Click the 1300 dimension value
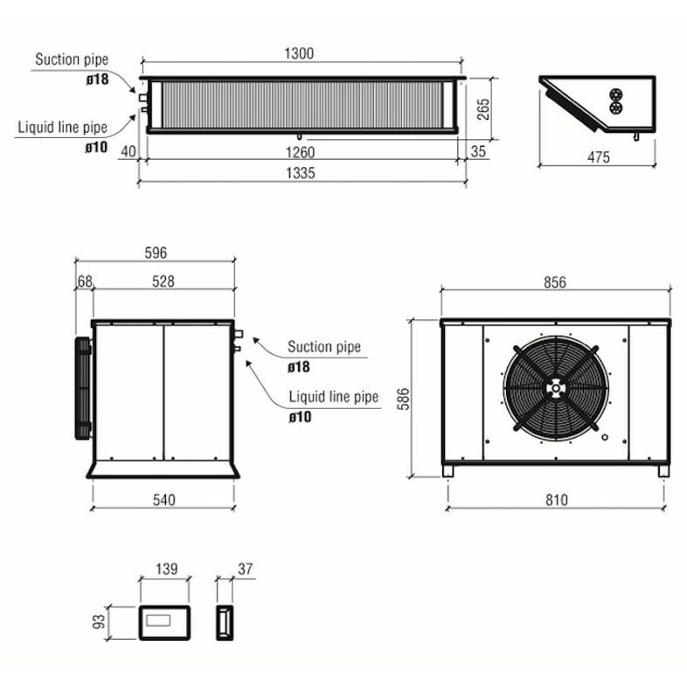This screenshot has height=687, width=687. [x=299, y=53]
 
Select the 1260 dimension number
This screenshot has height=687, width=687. [x=300, y=152]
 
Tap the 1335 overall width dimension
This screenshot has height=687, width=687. [x=301, y=173]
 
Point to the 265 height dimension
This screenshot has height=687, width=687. [x=482, y=109]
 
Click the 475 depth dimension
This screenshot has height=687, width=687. [x=599, y=157]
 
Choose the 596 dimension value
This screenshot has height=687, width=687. [x=156, y=253]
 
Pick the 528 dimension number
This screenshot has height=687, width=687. [x=163, y=281]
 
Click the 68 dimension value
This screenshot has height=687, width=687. [x=85, y=281]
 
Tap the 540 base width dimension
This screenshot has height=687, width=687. [x=163, y=500]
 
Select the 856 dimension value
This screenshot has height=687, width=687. [x=555, y=282]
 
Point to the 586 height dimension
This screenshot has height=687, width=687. [x=403, y=399]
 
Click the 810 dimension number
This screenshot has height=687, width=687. [x=557, y=500]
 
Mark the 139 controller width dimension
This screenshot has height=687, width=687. [x=167, y=569]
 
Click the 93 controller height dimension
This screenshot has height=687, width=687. [x=99, y=621]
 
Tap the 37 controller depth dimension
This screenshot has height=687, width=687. [x=246, y=569]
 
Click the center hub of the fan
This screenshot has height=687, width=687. [x=556, y=389]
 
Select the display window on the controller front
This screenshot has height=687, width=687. [x=158, y=621]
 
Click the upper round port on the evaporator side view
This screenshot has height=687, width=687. [x=616, y=94]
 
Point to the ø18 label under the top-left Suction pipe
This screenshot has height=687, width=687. [x=97, y=80]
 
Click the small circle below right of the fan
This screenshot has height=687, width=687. [x=605, y=437]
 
